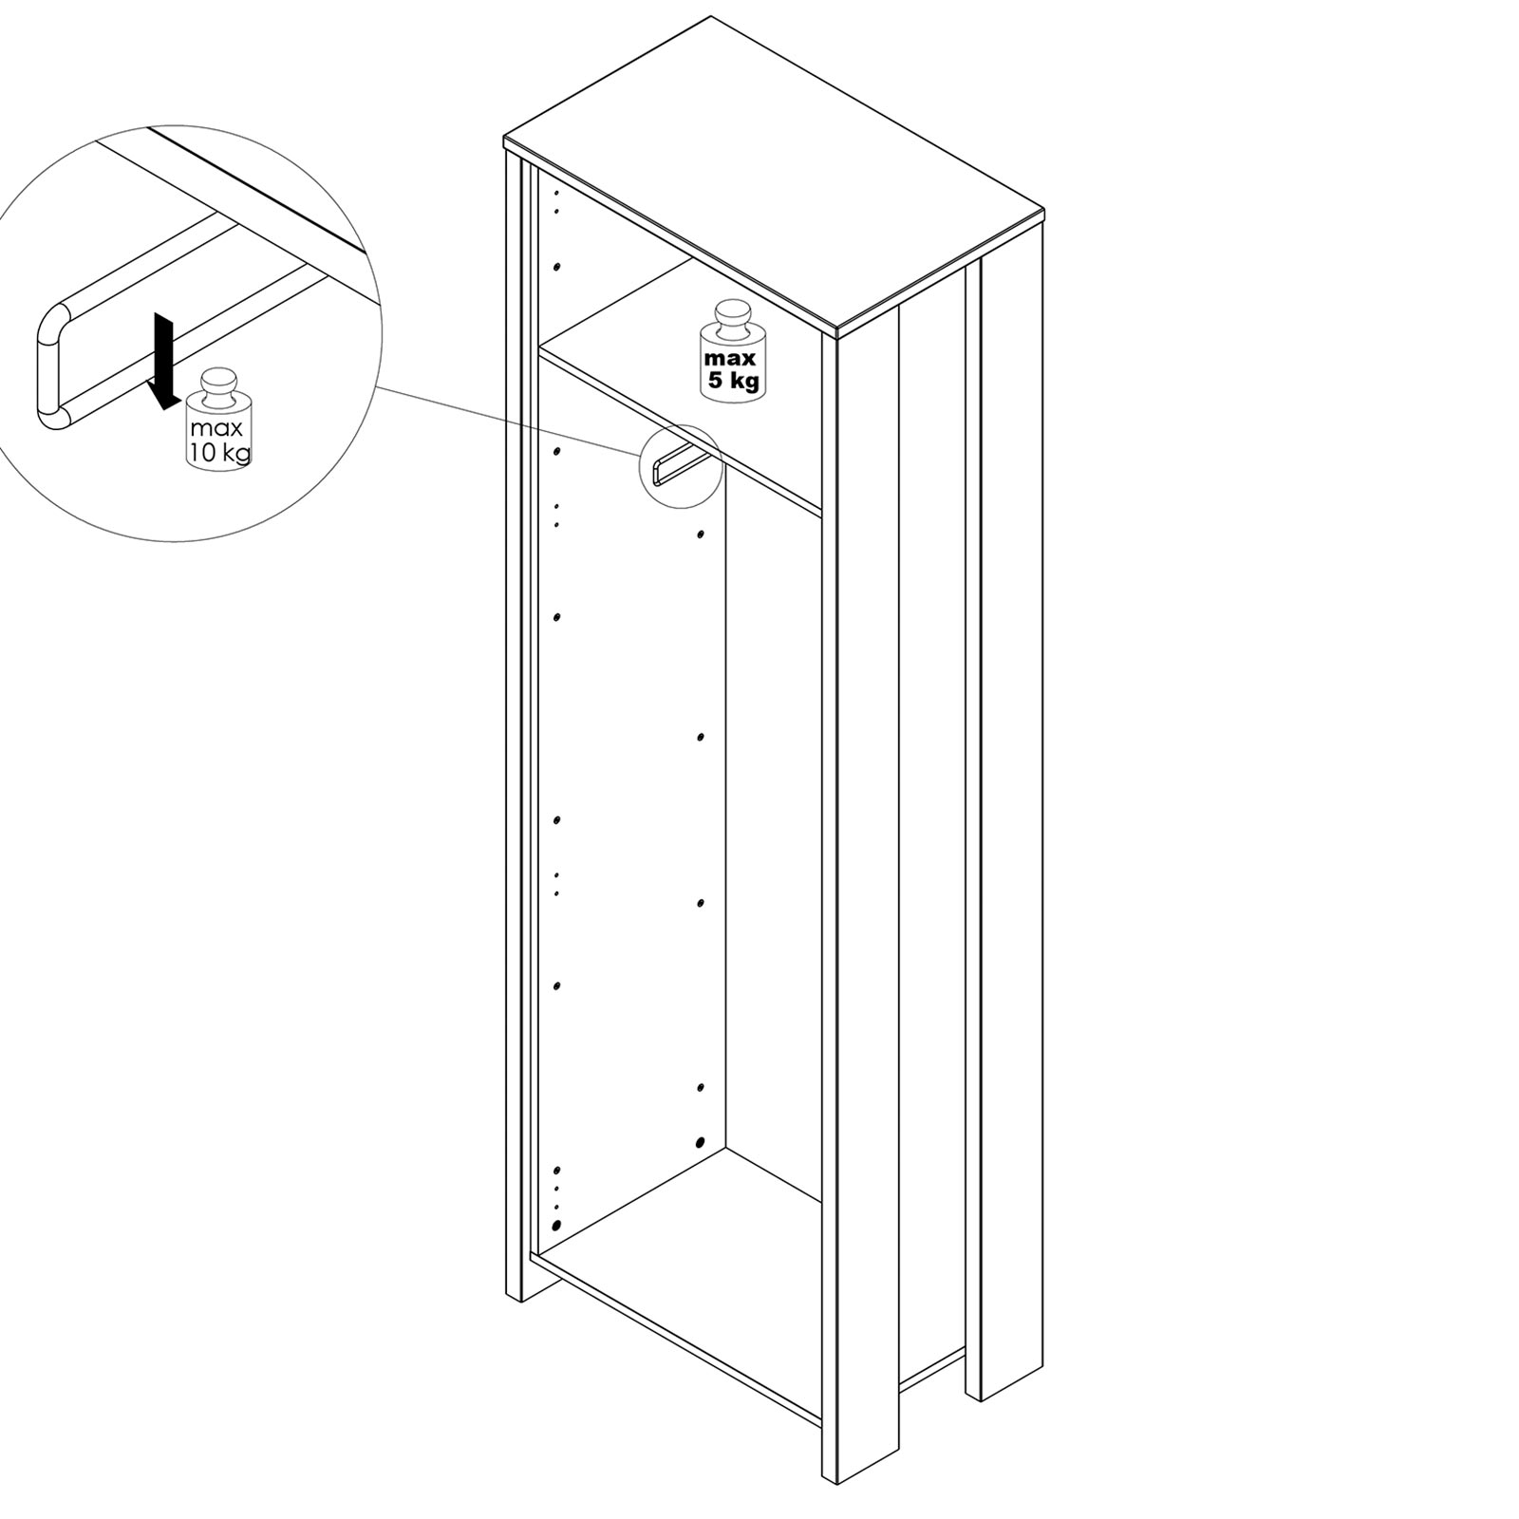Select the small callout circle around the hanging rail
(682, 466)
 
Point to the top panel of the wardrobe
(774, 176)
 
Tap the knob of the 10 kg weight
(219, 384)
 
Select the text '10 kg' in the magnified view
(220, 452)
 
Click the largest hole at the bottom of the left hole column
(555, 1225)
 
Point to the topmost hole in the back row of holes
(701, 534)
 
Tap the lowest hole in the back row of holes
(701, 1143)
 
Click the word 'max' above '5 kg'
(730, 359)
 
